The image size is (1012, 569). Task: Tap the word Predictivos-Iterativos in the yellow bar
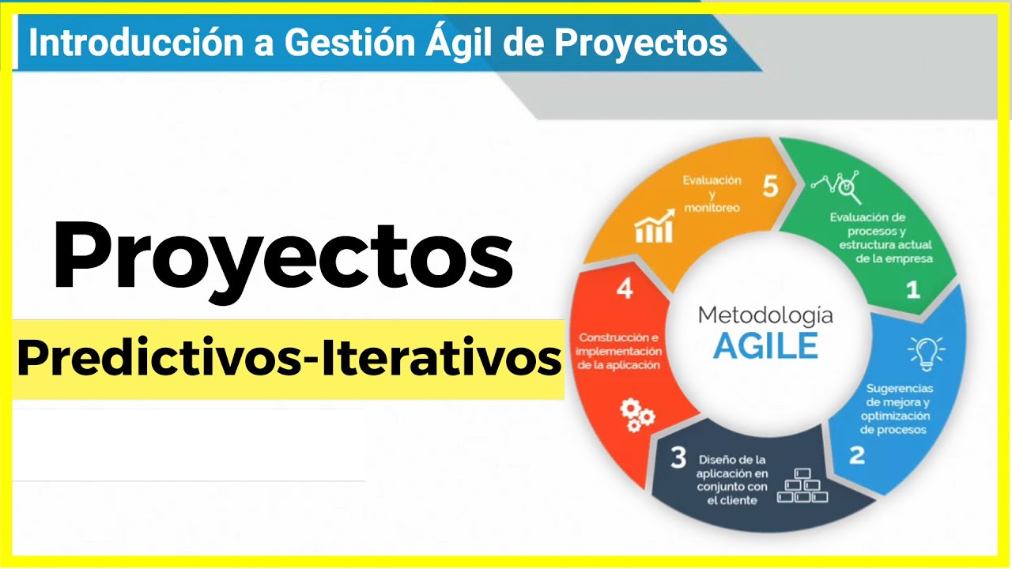pos(289,359)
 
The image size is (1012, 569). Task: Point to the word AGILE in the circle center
pos(765,346)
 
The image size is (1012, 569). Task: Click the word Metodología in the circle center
pos(765,316)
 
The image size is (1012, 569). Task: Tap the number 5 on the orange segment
pos(770,187)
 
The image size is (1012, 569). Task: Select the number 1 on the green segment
pos(912,290)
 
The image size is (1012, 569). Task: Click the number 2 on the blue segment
pos(856,455)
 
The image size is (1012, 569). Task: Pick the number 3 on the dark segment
pos(678,458)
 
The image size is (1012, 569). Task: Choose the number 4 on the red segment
pos(625,289)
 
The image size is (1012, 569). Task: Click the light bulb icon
pos(926,352)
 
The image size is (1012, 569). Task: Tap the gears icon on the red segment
pos(636,414)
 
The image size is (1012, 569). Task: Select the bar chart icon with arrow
pos(655,226)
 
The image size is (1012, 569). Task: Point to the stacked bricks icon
pos(802,485)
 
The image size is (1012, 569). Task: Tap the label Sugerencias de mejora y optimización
pos(899,409)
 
